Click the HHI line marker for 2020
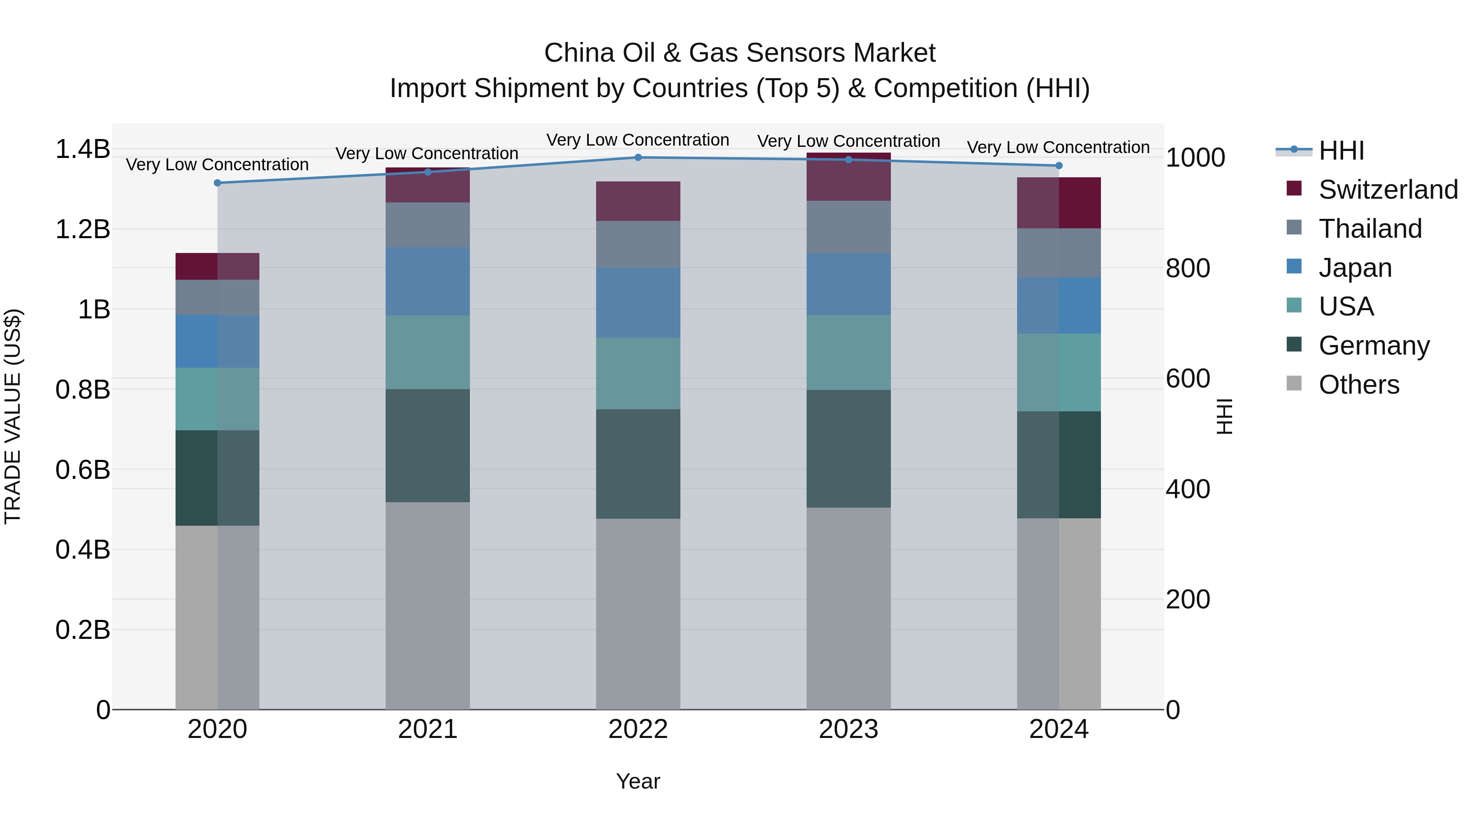(217, 183)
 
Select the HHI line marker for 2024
(1059, 165)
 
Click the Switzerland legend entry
(1387, 190)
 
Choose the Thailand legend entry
(1370, 229)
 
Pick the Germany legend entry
(1374, 346)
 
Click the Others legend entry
(1359, 385)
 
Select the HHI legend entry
(1341, 151)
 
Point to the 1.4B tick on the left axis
(82, 149)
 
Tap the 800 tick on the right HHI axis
(1188, 269)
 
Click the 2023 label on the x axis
(848, 729)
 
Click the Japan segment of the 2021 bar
(428, 282)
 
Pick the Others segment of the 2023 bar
(848, 608)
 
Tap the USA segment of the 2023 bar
(848, 353)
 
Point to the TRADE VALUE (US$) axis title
(13, 416)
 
